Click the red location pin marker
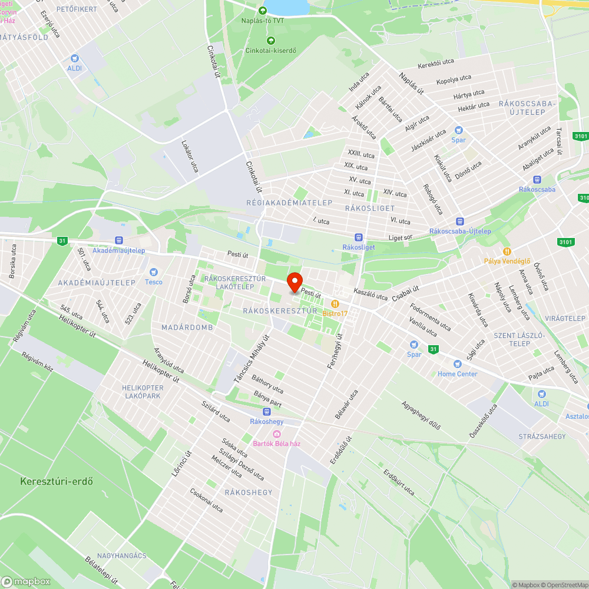tap(294, 282)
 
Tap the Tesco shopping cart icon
tap(154, 272)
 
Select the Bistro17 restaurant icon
tap(335, 303)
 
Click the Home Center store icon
tap(457, 364)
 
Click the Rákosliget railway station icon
tap(358, 237)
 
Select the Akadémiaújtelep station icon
tap(119, 240)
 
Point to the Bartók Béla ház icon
tap(276, 434)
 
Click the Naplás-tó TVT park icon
tap(263, 10)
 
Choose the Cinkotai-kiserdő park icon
tap(270, 40)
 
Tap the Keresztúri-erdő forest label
tap(57, 481)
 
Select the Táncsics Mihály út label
tap(251, 359)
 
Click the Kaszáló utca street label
tap(370, 293)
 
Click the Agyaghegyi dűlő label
tap(421, 415)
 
